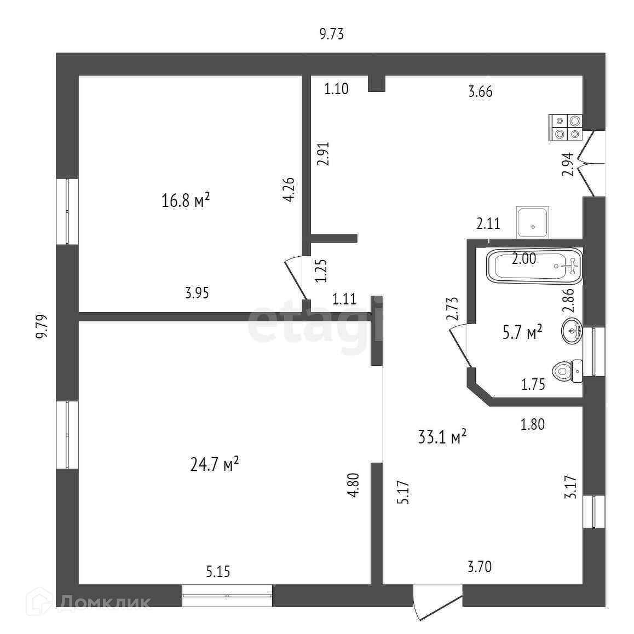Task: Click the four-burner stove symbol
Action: (x=566, y=127)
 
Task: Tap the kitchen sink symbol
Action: (x=532, y=222)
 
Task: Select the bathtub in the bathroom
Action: (x=534, y=266)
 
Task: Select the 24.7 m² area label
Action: (x=214, y=465)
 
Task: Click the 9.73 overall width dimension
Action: (x=331, y=34)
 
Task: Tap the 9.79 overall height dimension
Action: (x=43, y=327)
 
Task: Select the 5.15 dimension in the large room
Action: (x=218, y=572)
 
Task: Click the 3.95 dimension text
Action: (x=197, y=293)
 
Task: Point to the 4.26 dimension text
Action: (x=289, y=189)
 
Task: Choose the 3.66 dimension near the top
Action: (x=480, y=91)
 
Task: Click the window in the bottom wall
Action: (x=227, y=595)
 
